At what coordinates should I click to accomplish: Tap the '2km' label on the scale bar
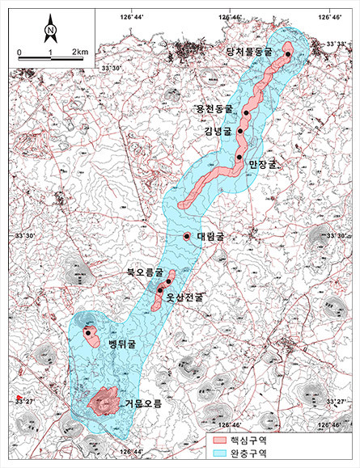coord(79,52)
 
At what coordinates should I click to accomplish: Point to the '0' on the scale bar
coord(19,52)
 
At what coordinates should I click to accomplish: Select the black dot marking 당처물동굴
coord(288,54)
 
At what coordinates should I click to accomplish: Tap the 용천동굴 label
coord(214,108)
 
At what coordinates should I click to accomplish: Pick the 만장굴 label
coord(260,162)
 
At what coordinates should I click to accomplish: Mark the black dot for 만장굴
coord(239,156)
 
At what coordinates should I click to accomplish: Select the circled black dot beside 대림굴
coord(187,236)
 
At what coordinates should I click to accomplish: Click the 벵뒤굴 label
coord(121,344)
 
